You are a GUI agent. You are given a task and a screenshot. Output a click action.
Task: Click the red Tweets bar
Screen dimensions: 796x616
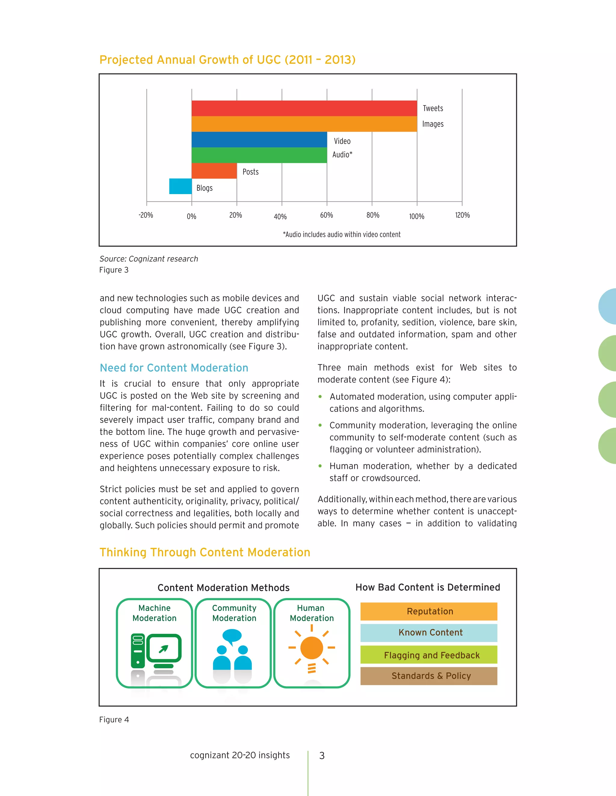point(304,108)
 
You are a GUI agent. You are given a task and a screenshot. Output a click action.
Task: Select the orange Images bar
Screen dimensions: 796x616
point(304,124)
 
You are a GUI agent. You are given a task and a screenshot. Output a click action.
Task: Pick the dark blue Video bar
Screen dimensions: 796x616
point(259,140)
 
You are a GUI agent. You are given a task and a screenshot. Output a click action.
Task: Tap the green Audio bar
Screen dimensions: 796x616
point(259,155)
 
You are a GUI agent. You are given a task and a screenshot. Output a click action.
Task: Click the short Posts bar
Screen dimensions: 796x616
point(214,171)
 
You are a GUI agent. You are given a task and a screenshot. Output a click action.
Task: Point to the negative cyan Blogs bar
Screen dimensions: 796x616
point(180,186)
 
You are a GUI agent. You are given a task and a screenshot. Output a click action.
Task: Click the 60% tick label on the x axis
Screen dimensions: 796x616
point(327,215)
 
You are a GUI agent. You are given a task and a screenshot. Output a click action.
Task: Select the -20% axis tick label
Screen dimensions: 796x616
point(146,215)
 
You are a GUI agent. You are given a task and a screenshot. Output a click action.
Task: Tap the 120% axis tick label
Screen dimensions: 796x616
point(462,215)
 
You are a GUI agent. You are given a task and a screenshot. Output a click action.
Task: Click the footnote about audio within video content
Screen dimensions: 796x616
point(342,235)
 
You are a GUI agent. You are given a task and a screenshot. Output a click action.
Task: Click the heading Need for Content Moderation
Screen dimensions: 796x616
point(174,368)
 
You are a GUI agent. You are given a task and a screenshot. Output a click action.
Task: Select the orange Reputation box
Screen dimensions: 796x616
point(429,611)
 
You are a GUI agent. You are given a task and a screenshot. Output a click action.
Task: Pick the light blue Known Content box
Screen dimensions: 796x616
point(429,633)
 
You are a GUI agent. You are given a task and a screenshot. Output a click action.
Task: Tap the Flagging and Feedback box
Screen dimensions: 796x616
point(429,655)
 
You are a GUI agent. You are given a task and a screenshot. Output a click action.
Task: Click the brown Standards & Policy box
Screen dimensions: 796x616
point(429,676)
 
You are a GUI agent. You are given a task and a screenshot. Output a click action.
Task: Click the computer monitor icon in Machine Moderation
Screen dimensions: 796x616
point(164,649)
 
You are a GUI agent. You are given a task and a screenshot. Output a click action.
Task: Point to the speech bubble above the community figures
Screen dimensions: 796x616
point(232,636)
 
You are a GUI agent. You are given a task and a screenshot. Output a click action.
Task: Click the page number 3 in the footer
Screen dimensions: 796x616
point(322,755)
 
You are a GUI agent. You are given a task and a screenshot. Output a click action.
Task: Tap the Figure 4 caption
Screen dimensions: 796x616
point(114,720)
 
